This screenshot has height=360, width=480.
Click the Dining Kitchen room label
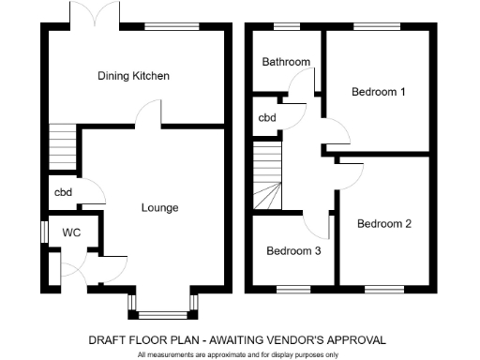click(133, 76)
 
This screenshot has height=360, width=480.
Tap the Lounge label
click(159, 207)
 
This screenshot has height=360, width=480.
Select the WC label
click(71, 232)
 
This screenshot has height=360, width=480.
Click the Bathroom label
click(286, 63)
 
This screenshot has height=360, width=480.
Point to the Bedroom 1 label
click(379, 92)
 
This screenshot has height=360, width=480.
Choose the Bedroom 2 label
click(384, 224)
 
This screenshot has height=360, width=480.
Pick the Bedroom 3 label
click(293, 251)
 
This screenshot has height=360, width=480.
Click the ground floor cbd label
click(62, 193)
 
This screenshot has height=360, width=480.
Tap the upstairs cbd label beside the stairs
click(267, 118)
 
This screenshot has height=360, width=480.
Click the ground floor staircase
click(62, 146)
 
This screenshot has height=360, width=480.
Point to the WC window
click(43, 231)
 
